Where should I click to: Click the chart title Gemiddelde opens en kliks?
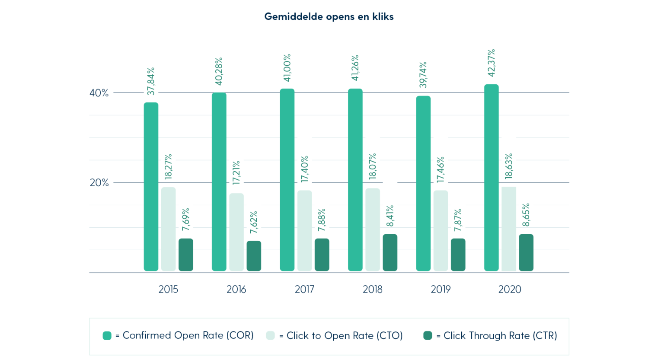tap(329, 17)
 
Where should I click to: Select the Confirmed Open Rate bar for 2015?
tap(151, 187)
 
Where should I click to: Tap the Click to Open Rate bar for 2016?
tap(236, 232)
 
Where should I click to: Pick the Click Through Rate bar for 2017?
tap(322, 255)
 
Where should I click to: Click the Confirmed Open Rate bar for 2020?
tap(491, 178)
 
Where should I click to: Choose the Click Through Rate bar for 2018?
tap(390, 252)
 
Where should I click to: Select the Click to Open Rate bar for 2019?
tap(441, 231)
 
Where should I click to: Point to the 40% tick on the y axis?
tap(99, 93)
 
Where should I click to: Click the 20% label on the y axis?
tap(99, 182)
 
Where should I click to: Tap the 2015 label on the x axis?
tap(168, 290)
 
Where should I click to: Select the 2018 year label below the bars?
tap(372, 290)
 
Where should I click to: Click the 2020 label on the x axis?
tap(510, 290)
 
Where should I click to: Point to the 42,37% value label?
tap(491, 63)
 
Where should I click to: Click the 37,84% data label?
tap(151, 81)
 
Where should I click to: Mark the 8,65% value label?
tap(526, 215)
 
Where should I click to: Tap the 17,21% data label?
tap(236, 173)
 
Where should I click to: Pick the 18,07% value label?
tap(373, 166)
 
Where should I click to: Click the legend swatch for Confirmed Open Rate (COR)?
tap(107, 336)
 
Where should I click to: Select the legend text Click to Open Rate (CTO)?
tap(344, 336)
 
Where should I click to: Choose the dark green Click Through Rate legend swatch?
tap(428, 336)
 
